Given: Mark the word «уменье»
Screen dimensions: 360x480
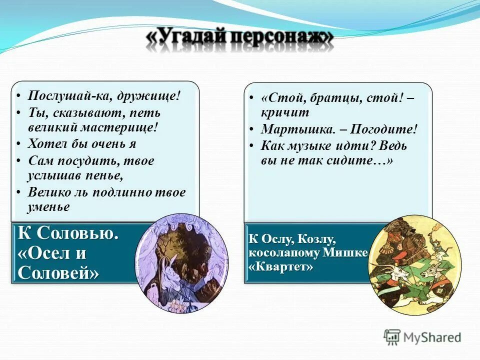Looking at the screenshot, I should [48, 206].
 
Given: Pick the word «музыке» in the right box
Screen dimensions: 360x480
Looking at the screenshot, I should [313, 146].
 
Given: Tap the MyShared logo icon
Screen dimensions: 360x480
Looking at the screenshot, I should [392, 337].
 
